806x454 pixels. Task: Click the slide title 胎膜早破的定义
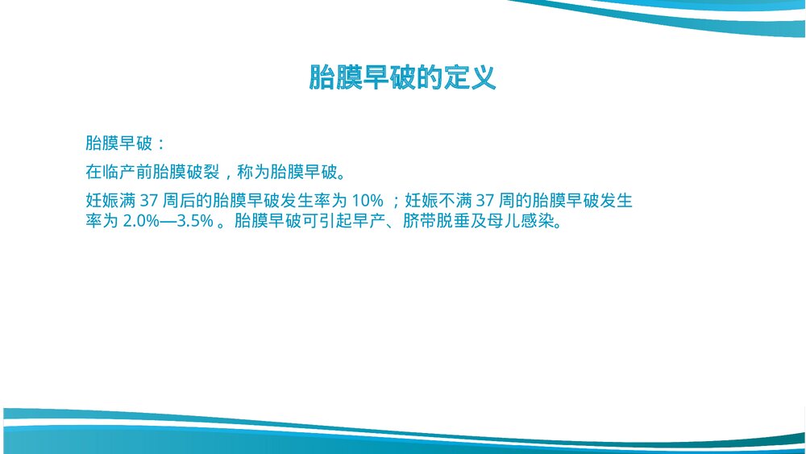coord(402,77)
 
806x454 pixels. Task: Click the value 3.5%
coord(195,221)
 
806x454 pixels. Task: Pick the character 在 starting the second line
coord(93,172)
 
